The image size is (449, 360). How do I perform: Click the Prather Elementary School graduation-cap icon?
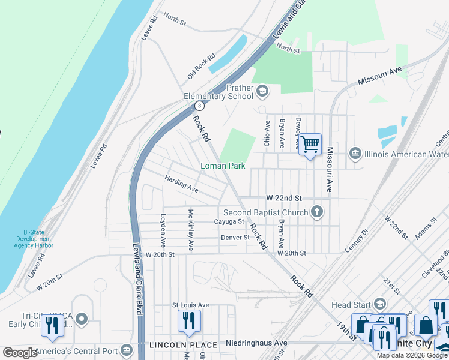tap(262, 91)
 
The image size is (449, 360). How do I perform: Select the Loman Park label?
tap(223, 166)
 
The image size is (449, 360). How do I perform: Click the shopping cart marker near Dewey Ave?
tap(310, 145)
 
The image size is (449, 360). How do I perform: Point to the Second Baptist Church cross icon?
tap(316, 212)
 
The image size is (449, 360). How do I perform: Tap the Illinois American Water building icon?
tap(355, 154)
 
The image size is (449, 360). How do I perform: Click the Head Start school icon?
tap(380, 304)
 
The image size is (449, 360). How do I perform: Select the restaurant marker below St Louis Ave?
tap(190, 322)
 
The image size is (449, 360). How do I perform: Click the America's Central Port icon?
tap(126, 350)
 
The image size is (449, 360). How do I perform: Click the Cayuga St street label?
tap(229, 221)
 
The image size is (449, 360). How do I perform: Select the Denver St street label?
tap(234, 238)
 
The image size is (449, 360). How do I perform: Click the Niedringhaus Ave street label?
tap(256, 343)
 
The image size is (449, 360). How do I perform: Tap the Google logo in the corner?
tap(20, 352)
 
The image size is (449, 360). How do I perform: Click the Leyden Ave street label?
tap(163, 231)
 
